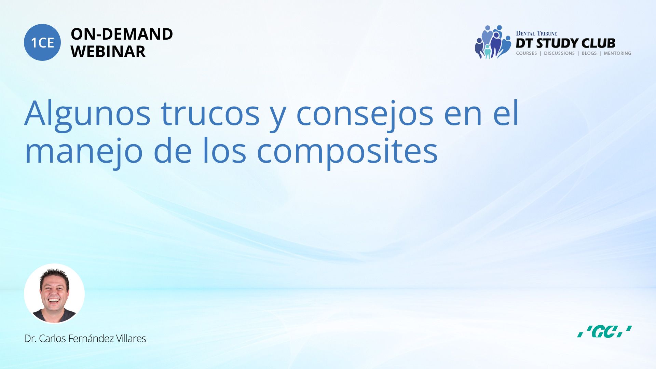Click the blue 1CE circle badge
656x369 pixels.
coord(42,42)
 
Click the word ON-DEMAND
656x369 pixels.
coord(122,34)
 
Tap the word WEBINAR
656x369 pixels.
coord(108,52)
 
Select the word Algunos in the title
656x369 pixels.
coord(87,115)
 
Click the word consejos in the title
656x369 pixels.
coord(365,115)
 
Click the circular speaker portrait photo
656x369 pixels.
coord(54,293)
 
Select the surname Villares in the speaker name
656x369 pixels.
coord(131,338)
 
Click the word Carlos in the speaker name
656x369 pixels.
coord(52,338)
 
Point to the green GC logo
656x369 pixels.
coord(604,331)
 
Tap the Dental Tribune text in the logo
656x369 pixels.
coord(536,33)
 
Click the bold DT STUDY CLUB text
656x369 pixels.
coord(565,43)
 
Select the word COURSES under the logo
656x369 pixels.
coord(527,53)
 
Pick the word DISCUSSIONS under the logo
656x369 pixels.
coord(559,53)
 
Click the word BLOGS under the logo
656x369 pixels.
coord(589,53)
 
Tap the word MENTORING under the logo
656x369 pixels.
coord(617,53)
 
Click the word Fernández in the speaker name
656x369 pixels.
coord(91,338)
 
